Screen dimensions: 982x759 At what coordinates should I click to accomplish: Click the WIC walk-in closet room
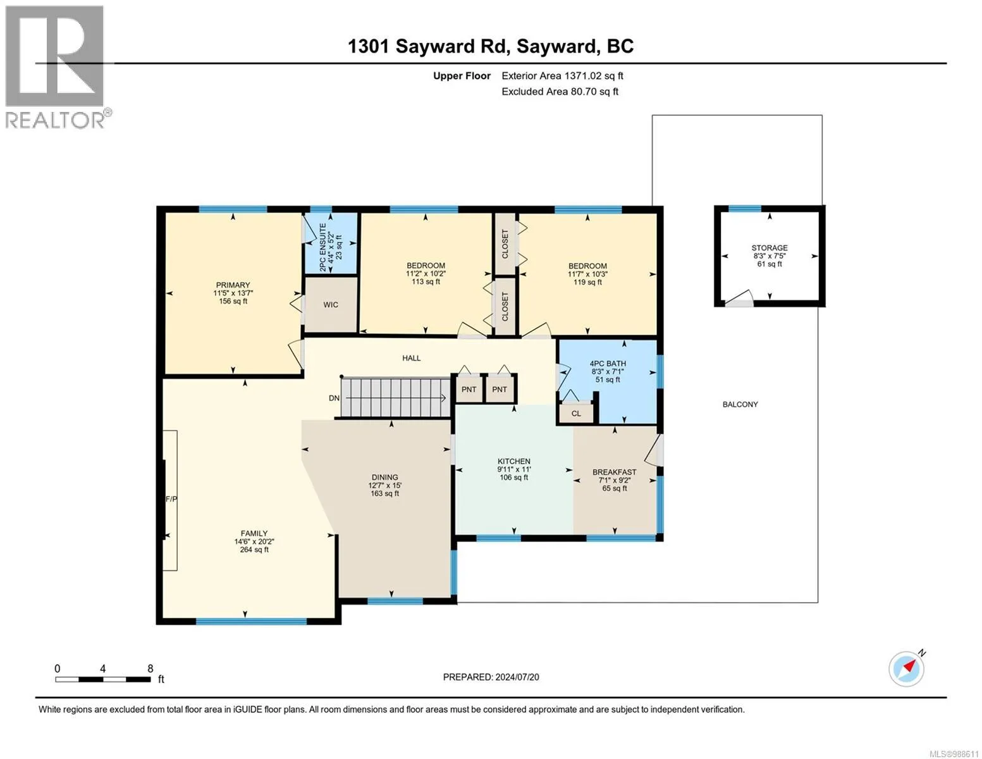pyautogui.click(x=331, y=305)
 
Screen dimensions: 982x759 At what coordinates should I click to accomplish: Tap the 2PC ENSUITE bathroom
pyautogui.click(x=331, y=243)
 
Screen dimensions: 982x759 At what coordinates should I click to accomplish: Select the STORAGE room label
pyautogui.click(x=769, y=248)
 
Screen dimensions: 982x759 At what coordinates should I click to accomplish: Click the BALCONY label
pyautogui.click(x=740, y=404)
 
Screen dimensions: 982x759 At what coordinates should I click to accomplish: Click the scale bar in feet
pyautogui.click(x=103, y=679)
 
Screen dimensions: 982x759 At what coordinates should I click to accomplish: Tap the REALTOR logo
pyautogui.click(x=56, y=67)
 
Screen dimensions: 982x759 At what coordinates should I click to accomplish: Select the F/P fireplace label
pyautogui.click(x=171, y=499)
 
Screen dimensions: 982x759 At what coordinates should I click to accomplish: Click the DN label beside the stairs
pyautogui.click(x=334, y=398)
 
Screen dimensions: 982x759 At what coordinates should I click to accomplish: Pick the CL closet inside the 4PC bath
pyautogui.click(x=576, y=413)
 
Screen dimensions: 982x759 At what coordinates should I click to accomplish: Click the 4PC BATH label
pyautogui.click(x=608, y=364)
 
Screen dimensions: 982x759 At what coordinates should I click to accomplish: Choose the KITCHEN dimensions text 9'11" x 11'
pyautogui.click(x=514, y=469)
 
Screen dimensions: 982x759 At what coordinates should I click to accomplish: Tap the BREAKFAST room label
pyautogui.click(x=614, y=472)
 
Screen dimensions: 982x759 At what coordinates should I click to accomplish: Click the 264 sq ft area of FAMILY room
pyautogui.click(x=254, y=550)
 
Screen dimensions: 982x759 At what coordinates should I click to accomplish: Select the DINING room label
pyautogui.click(x=384, y=477)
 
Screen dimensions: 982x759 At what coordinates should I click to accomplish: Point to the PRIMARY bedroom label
pyautogui.click(x=233, y=285)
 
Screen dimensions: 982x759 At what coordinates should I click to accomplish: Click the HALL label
pyautogui.click(x=411, y=358)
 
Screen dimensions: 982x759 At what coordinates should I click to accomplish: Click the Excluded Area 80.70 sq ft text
pyautogui.click(x=560, y=92)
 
